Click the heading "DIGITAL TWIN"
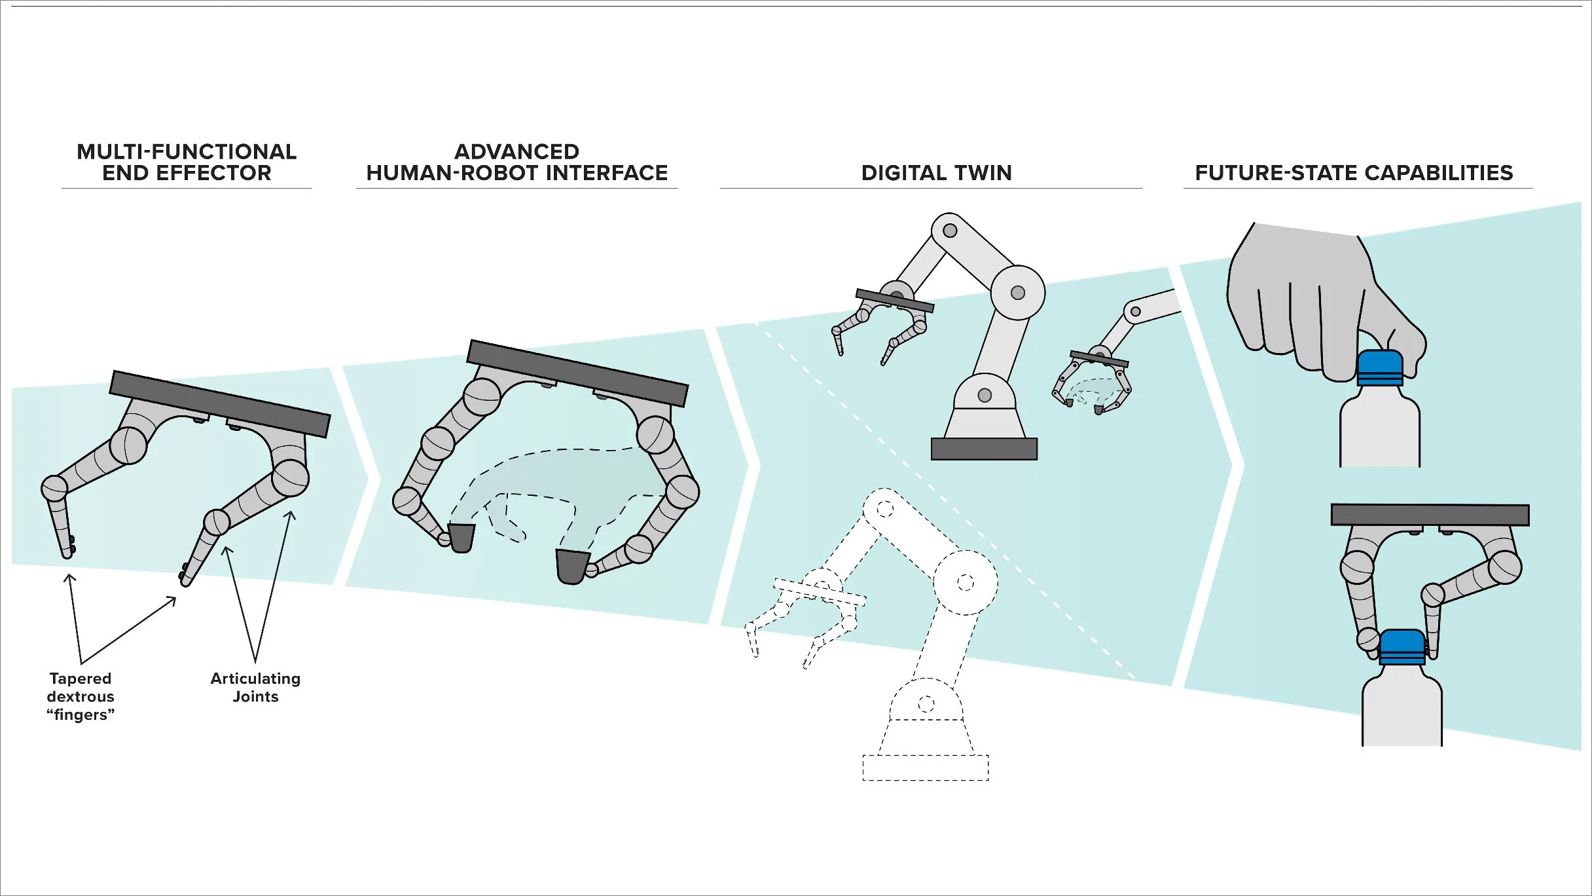click(x=936, y=173)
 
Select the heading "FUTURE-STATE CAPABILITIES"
click(x=1354, y=173)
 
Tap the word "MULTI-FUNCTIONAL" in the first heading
click(x=187, y=152)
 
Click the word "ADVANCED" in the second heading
click(x=516, y=152)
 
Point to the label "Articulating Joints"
click(x=255, y=687)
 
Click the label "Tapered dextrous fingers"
click(x=81, y=696)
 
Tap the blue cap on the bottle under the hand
click(x=1380, y=367)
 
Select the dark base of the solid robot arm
click(x=984, y=449)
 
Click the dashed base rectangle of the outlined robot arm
click(x=925, y=768)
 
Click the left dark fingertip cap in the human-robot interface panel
click(x=461, y=538)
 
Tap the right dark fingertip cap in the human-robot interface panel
click(x=571, y=566)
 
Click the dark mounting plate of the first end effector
click(x=219, y=403)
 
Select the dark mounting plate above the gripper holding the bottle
click(x=1430, y=514)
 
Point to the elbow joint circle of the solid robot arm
click(x=1017, y=293)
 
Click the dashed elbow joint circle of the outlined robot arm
click(x=965, y=582)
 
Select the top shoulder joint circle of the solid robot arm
click(x=950, y=231)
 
